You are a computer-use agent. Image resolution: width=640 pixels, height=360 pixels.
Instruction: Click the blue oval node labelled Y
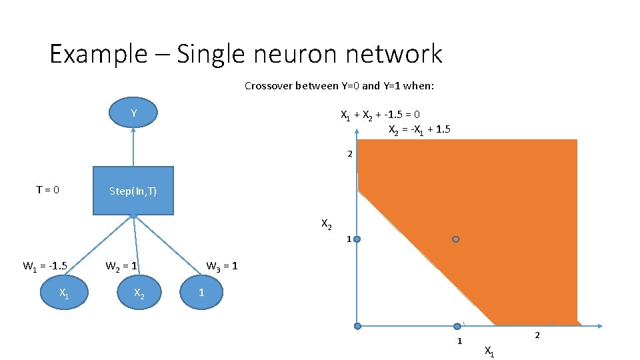133,113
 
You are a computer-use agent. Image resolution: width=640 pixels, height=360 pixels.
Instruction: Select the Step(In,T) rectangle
133,191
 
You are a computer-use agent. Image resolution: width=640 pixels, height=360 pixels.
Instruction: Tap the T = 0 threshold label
47,190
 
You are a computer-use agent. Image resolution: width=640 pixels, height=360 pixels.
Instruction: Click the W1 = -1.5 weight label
45,267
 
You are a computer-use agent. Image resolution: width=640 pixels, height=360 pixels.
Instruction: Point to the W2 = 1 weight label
121,267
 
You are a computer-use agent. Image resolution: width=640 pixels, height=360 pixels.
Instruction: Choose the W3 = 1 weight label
221,267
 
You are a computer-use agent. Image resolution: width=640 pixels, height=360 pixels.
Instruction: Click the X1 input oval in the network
63,293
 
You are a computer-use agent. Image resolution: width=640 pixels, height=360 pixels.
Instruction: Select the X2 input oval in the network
139,293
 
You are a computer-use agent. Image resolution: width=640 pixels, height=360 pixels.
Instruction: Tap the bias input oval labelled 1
201,293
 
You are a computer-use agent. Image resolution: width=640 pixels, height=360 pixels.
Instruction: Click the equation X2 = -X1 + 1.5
419,129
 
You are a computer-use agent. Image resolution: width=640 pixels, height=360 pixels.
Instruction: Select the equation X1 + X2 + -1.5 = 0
380,115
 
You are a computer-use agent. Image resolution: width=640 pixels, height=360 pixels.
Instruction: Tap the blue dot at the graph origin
357,326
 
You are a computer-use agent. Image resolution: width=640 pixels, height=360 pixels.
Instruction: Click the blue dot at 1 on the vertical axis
357,239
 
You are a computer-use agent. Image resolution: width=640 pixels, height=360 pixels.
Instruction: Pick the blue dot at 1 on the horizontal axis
457,326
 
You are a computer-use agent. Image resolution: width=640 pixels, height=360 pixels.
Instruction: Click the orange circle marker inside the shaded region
455,239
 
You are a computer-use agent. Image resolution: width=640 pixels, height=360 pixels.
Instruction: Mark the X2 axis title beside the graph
327,224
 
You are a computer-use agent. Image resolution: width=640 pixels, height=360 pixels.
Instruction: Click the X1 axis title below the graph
489,351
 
